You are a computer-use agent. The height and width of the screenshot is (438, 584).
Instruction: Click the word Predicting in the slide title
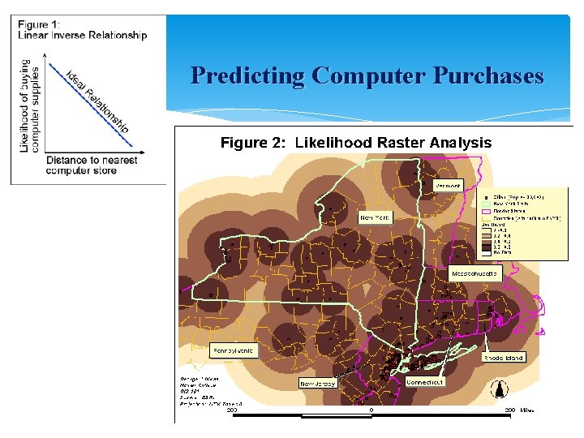tap(247, 76)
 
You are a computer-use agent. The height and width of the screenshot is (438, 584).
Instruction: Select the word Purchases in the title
tap(488, 76)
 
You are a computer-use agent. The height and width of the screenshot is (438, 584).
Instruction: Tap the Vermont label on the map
tap(448, 186)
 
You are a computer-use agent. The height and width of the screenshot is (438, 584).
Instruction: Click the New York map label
tap(376, 218)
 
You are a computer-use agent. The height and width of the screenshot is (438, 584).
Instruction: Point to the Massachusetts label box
tap(475, 274)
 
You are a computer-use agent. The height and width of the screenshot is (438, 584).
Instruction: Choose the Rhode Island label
tap(504, 358)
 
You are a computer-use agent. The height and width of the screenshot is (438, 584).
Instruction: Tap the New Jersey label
tap(318, 384)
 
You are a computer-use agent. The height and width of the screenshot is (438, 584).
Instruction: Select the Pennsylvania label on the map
tap(232, 351)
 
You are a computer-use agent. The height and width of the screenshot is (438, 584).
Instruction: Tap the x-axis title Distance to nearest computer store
tap(91, 165)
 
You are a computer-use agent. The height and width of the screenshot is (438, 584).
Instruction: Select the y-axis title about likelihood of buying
tap(30, 105)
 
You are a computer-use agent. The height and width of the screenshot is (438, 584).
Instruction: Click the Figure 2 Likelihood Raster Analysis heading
tap(356, 143)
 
